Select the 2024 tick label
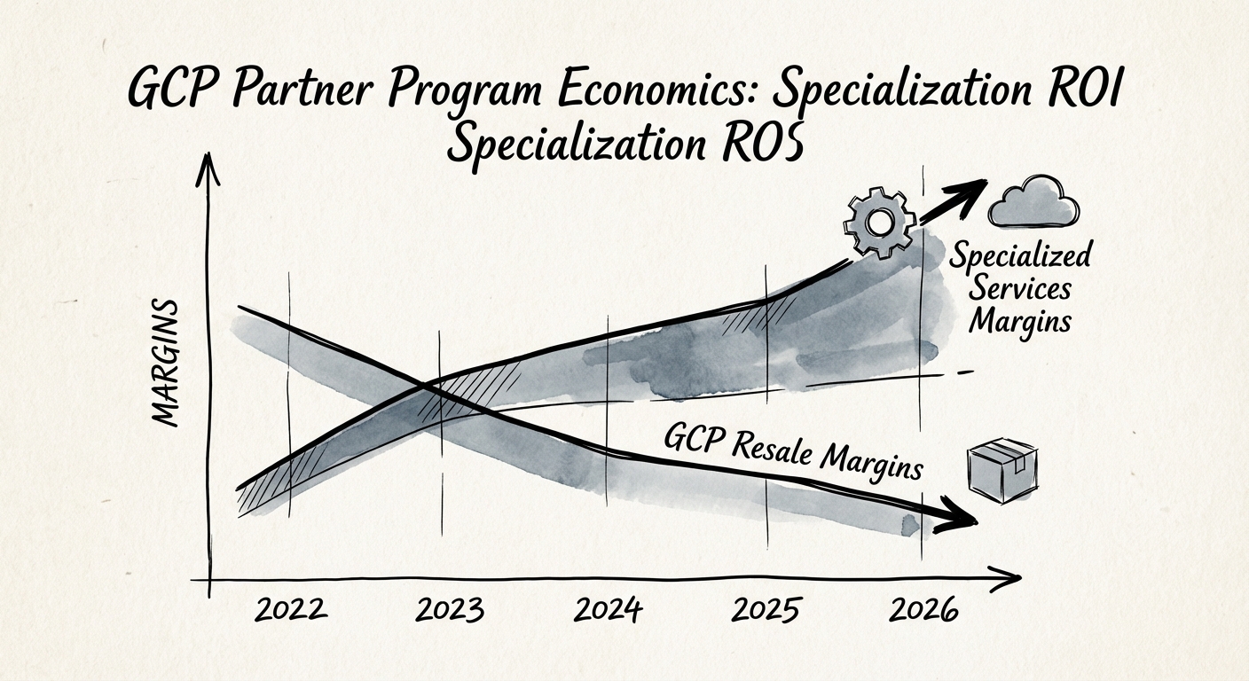608,611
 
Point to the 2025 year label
767,611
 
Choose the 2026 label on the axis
925,611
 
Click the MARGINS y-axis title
165,364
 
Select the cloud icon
1034,204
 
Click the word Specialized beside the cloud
1020,257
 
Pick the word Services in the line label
1020,288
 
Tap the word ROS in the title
763,145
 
